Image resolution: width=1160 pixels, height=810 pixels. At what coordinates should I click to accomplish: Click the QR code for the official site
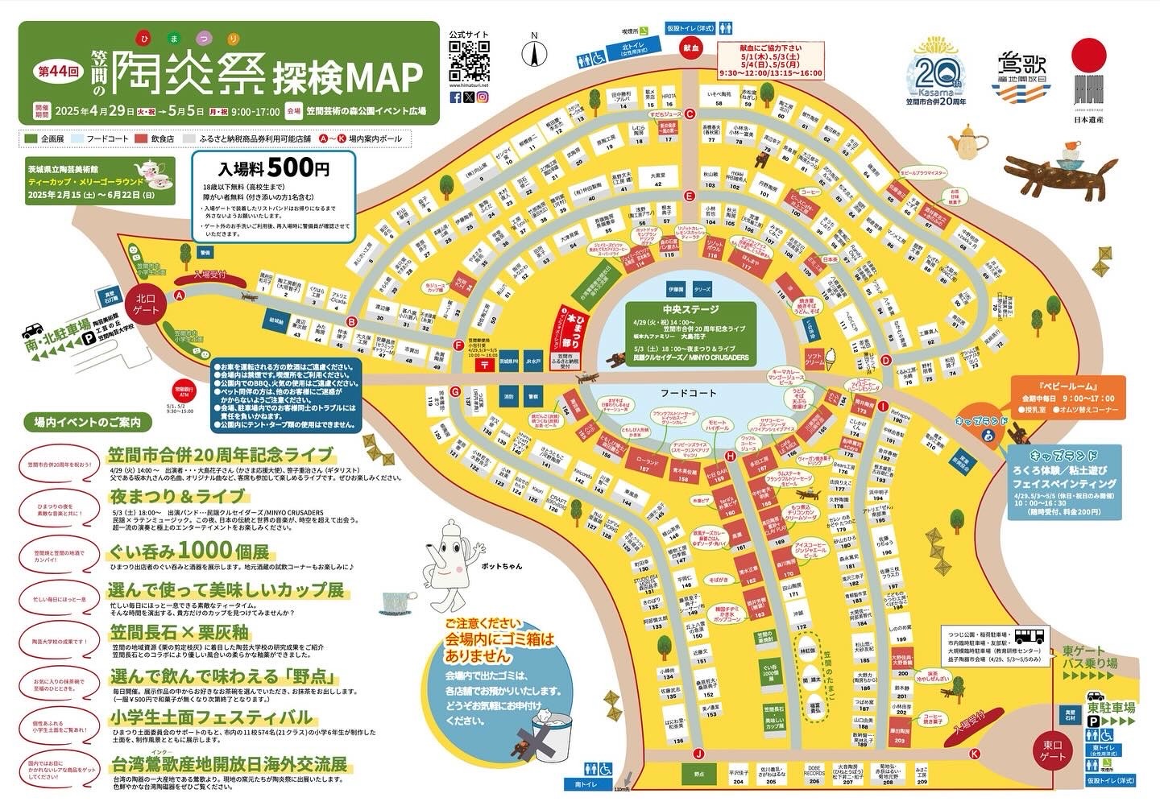coord(469,59)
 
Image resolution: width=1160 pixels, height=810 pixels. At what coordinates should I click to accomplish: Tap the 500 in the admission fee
coord(288,169)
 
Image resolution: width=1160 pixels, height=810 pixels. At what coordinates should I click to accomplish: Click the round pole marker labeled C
coord(689,114)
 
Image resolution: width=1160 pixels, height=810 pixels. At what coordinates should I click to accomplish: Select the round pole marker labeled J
coord(698,754)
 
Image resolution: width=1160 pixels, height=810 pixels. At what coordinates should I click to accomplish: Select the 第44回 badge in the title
coord(56,71)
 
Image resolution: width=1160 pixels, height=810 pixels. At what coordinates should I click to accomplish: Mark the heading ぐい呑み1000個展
coord(188,552)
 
